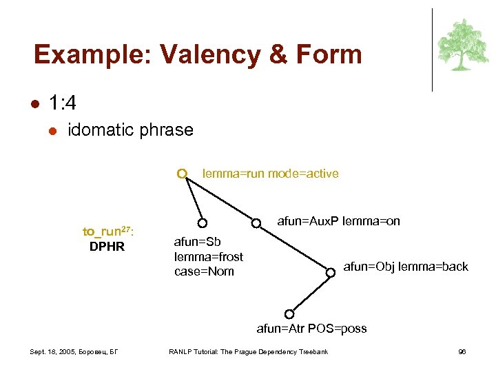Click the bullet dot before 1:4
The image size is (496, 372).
tap(34, 103)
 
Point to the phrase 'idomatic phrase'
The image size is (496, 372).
tap(130, 130)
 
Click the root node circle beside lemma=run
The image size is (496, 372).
tap(181, 174)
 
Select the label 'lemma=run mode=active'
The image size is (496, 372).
tap(270, 174)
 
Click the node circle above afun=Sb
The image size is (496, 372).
tap(203, 223)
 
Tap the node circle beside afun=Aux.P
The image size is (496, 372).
tap(256, 223)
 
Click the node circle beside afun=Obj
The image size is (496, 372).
tap(331, 271)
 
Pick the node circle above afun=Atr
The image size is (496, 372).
tap(289, 313)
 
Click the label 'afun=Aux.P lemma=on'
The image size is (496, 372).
tap(338, 222)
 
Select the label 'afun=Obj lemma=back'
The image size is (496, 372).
tap(405, 267)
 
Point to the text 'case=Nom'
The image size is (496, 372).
tap(204, 271)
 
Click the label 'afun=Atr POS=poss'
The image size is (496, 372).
tap(311, 329)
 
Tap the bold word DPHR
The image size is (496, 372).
tap(107, 247)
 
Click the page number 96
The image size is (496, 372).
tap(462, 352)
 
